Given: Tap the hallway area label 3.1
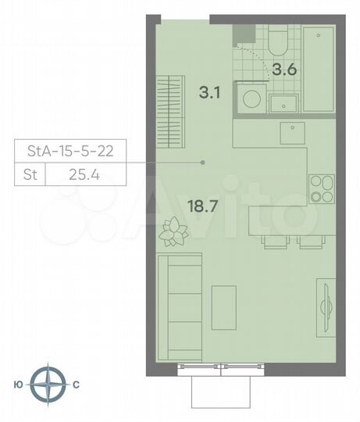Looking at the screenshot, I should (x=210, y=91).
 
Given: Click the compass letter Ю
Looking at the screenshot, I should (x=18, y=384).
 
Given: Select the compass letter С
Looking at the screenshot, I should (x=76, y=384).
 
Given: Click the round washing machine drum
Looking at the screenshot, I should (x=251, y=100).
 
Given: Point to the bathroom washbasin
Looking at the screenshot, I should (x=282, y=102).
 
